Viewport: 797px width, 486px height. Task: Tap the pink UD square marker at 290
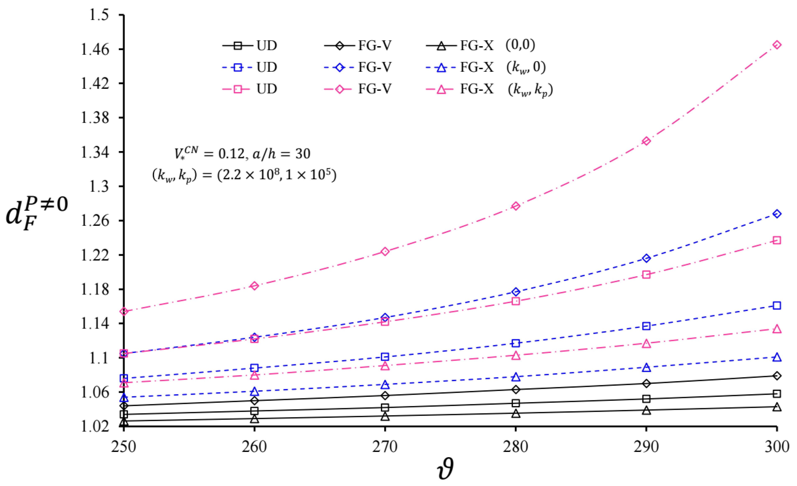click(646, 275)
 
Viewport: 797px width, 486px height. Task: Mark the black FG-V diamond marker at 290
click(646, 383)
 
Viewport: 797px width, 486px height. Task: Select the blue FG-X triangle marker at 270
click(385, 385)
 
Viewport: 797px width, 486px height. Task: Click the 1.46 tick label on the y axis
click(95, 50)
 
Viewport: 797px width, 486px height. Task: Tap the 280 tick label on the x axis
click(516, 447)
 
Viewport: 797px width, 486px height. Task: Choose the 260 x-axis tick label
click(255, 447)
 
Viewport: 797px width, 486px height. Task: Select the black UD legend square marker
click(238, 46)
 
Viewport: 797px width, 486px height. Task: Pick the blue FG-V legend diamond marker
click(340, 67)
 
